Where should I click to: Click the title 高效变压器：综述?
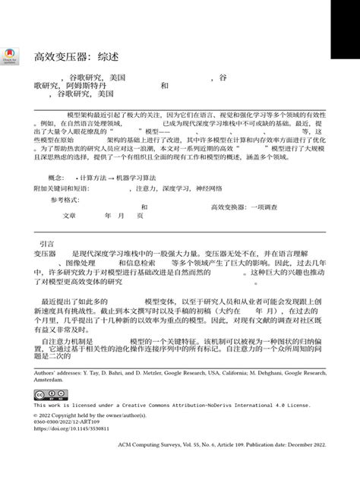(x=76, y=57)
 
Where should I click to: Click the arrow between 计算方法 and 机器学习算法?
(x=111, y=176)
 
